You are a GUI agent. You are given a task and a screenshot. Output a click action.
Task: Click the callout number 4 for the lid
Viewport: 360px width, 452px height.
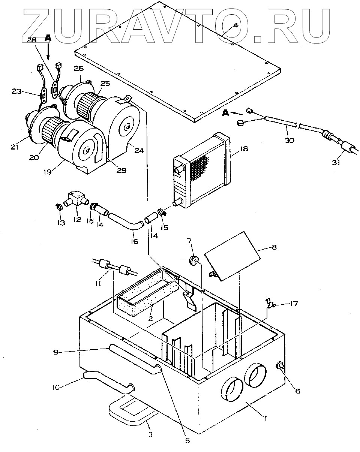[x=235, y=25]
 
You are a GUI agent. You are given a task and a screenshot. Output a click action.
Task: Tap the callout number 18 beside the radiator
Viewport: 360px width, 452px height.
[x=244, y=149]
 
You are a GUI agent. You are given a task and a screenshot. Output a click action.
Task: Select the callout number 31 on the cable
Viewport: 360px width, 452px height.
[x=336, y=162]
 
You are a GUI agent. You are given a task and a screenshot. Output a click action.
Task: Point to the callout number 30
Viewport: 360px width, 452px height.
[x=289, y=140]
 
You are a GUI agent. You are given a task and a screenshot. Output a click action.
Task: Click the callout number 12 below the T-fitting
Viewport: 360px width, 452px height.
[x=77, y=220]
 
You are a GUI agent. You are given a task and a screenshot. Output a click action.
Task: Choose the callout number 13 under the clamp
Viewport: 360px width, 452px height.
[x=61, y=223]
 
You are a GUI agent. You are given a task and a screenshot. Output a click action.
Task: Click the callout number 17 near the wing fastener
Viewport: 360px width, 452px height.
[x=294, y=304]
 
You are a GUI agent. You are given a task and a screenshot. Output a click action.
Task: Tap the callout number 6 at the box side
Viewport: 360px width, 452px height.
[x=298, y=391]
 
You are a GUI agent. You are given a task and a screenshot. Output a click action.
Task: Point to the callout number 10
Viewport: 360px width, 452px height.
[x=56, y=387]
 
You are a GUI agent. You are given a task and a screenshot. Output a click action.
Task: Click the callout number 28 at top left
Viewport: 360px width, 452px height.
[x=32, y=40]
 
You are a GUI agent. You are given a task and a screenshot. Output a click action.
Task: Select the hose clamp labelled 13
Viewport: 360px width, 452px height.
[x=59, y=207]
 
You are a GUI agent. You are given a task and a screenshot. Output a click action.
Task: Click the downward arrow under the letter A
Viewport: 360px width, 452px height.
[x=48, y=51]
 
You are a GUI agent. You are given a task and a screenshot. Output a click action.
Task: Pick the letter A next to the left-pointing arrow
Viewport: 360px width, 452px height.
[x=225, y=113]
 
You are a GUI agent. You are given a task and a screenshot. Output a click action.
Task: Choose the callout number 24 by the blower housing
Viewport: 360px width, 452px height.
[x=139, y=150]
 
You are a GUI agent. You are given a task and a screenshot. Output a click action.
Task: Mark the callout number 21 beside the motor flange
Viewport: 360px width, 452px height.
[x=15, y=147]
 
